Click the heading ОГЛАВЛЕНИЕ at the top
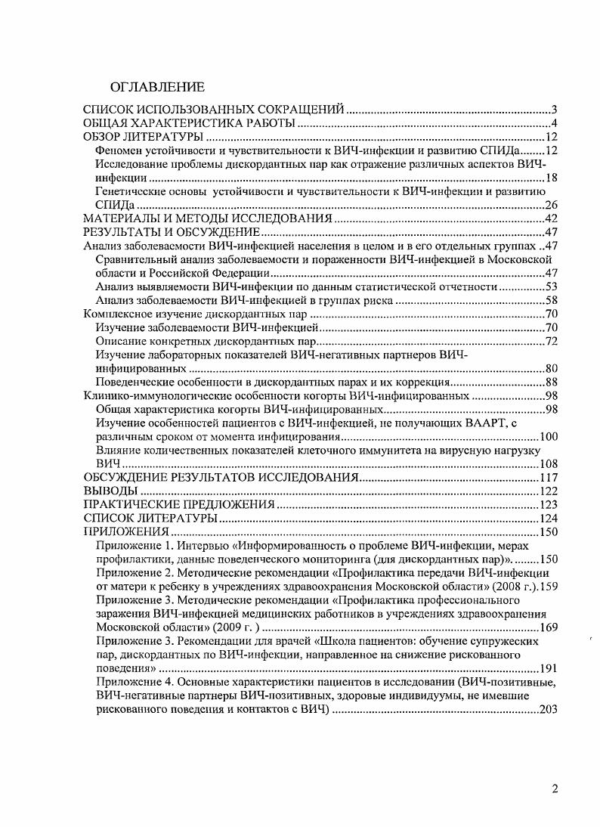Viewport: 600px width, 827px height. point(157,86)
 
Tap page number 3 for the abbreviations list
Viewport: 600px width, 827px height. point(554,110)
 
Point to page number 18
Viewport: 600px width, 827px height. point(551,178)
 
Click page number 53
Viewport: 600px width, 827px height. point(551,287)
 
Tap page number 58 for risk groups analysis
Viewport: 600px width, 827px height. point(551,301)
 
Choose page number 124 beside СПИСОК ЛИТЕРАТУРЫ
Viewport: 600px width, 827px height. point(548,519)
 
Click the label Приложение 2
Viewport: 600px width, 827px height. point(133,573)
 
